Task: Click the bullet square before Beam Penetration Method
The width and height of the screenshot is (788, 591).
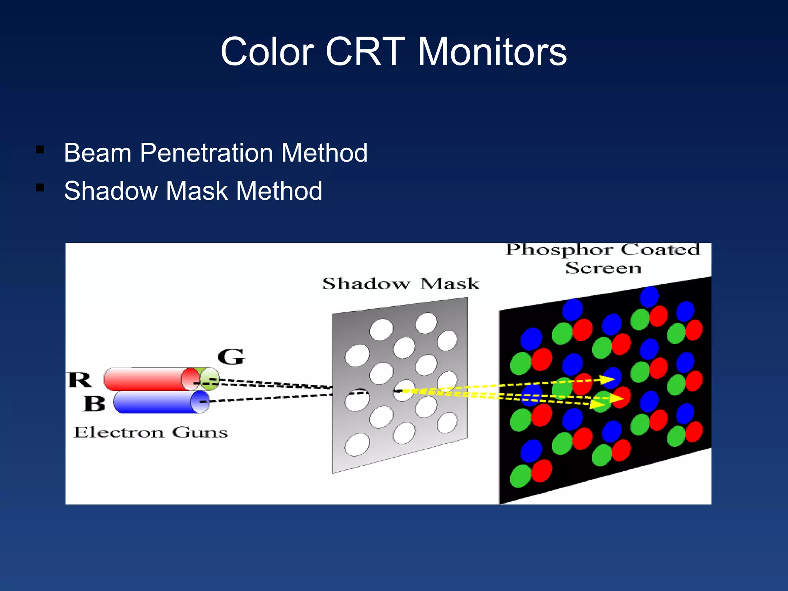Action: click(x=40, y=149)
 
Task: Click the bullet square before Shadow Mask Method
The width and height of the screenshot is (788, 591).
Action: click(x=40, y=187)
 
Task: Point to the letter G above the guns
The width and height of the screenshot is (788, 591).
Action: click(x=231, y=357)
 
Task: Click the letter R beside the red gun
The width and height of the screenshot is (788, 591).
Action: click(x=80, y=380)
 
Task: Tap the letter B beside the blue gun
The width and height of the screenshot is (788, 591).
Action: click(x=94, y=404)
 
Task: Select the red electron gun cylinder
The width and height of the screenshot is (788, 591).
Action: click(x=146, y=379)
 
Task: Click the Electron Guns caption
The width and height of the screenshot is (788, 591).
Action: click(x=150, y=432)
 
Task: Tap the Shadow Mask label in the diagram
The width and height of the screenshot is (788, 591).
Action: click(x=401, y=284)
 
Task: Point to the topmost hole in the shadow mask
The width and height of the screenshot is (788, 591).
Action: click(x=426, y=322)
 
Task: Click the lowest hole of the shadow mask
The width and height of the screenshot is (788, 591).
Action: click(x=357, y=444)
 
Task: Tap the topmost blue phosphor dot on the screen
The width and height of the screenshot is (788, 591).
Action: click(x=649, y=296)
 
